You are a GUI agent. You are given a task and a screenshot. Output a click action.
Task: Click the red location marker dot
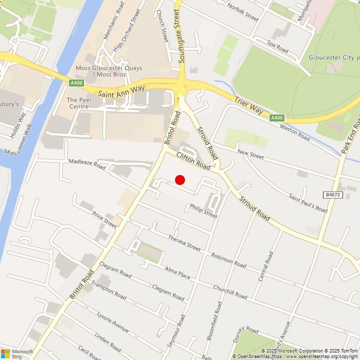(180, 180)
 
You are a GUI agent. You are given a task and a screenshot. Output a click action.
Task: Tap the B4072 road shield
(332, 195)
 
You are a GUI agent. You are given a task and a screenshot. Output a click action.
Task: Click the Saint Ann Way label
(121, 91)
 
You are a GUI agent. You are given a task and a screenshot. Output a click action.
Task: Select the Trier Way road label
(249, 105)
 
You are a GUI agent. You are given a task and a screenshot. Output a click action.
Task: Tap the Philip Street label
(204, 211)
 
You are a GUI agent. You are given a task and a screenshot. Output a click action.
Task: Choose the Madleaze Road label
(87, 164)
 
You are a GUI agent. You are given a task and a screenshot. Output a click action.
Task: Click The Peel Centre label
(79, 103)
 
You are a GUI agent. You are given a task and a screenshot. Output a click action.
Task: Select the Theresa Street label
(184, 243)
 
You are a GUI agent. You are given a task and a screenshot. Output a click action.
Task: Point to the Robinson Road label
(229, 260)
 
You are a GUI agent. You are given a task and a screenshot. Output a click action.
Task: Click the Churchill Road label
(230, 292)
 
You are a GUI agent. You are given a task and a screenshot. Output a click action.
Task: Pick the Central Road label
(266, 266)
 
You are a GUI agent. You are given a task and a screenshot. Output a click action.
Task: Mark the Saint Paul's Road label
(308, 203)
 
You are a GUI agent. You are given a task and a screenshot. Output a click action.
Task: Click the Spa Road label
(278, 47)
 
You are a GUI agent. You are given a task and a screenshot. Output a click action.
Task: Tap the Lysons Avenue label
(112, 322)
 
